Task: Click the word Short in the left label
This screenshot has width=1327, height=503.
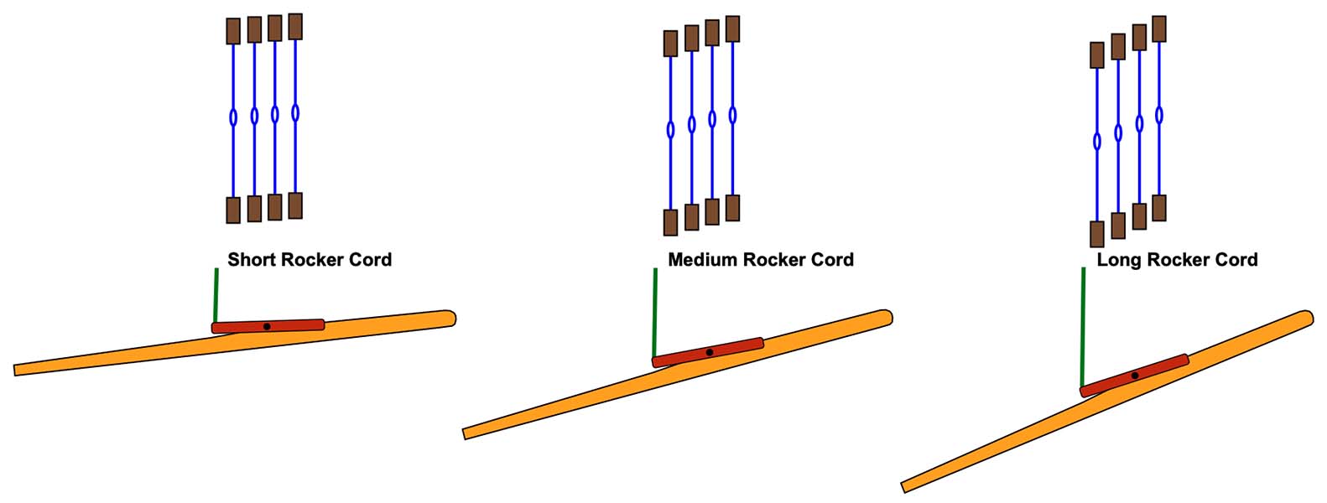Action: pos(250,260)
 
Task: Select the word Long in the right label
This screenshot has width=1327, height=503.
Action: pos(1118,260)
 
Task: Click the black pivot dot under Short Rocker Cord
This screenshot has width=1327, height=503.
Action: pos(267,326)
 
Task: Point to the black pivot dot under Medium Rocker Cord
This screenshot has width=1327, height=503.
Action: pos(710,352)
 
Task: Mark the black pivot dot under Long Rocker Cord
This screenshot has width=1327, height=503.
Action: pos(1135,376)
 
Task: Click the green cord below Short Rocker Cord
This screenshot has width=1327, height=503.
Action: pos(216,295)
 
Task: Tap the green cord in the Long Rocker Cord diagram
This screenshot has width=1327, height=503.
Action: pos(1083,327)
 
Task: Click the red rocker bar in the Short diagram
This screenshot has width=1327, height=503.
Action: pos(294,325)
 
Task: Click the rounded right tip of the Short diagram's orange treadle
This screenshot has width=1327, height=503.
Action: pos(450,319)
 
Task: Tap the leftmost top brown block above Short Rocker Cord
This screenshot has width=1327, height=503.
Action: pos(233,31)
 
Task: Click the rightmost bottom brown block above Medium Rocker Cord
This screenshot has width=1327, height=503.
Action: pos(732,208)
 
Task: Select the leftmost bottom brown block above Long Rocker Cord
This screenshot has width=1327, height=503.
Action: pos(1096,234)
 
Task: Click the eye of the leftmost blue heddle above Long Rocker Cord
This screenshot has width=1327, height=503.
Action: pos(1097,141)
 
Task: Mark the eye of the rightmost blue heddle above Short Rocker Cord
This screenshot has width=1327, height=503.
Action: pos(295,112)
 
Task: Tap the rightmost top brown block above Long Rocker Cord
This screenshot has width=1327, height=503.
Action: pos(1159,29)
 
